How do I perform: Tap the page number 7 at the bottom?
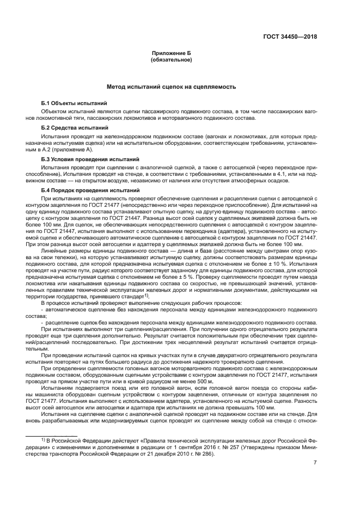315,463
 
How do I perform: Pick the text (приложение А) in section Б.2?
77,149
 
